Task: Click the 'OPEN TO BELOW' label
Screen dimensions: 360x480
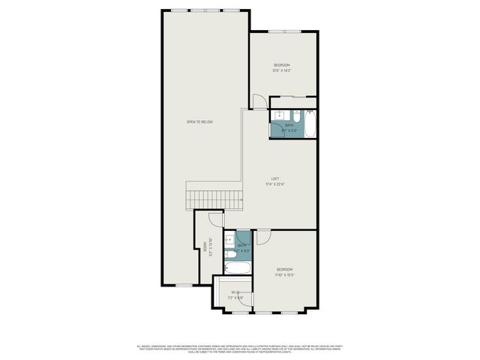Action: pos(199,121)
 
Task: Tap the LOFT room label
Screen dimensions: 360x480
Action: pos(275,178)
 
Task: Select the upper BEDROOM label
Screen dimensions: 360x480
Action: pos(281,66)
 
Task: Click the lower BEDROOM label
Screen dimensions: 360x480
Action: pos(285,269)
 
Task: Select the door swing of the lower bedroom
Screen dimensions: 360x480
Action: pos(264,236)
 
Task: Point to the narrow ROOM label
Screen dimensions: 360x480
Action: pos(205,248)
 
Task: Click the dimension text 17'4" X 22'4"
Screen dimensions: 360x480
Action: pos(275,184)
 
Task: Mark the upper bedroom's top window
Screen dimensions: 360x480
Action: pos(285,31)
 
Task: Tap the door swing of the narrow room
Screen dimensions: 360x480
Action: pos(216,219)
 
